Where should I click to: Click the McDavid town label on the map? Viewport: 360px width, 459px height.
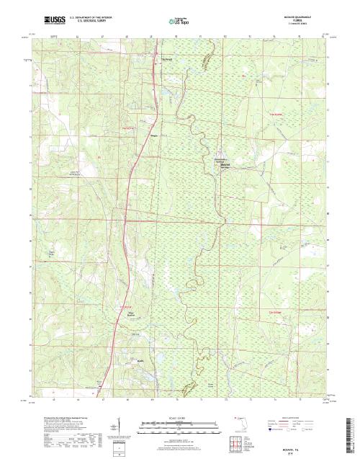tap(225, 164)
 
